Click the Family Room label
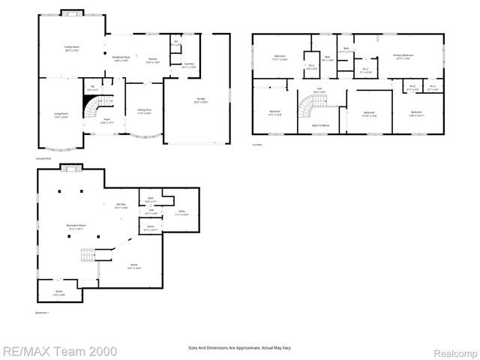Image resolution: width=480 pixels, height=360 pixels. (x=72, y=48)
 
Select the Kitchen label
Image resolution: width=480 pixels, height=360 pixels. (x=152, y=60)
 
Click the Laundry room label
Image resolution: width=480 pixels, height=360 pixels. (x=189, y=65)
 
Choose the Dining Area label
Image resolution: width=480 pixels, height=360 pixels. (x=144, y=112)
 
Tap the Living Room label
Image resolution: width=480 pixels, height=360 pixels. (x=61, y=115)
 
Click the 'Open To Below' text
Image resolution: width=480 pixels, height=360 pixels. (x=320, y=125)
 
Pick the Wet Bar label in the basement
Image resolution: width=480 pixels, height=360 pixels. (x=120, y=205)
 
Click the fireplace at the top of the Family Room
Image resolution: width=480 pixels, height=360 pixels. (x=72, y=13)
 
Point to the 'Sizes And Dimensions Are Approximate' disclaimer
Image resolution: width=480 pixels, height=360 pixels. (x=239, y=348)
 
